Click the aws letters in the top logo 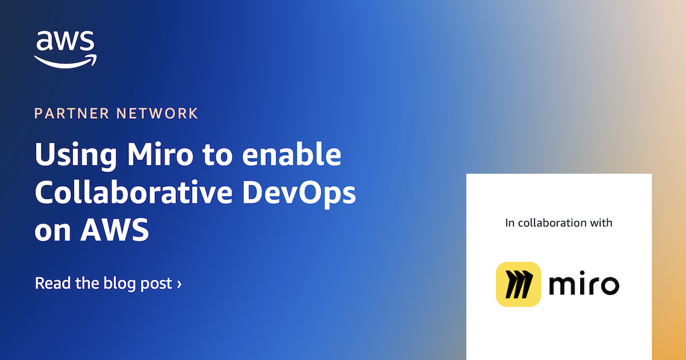pos(65,41)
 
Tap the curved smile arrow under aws pos(65,61)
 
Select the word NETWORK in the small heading pos(157,113)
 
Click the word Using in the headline pos(68,156)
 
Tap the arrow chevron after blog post pos(179,283)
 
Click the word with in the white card pos(600,223)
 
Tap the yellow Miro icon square pos(519,284)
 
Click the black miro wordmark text pos(584,284)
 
